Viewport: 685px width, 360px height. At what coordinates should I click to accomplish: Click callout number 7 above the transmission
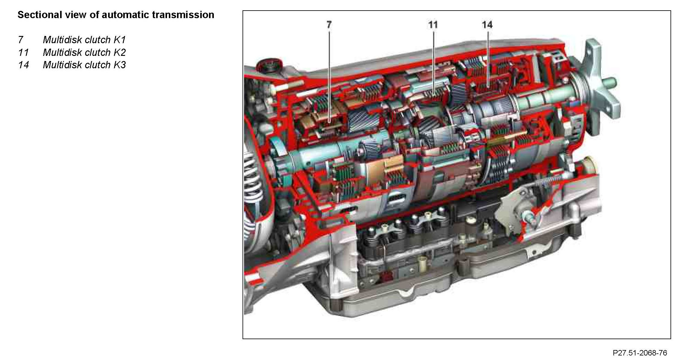click(329, 24)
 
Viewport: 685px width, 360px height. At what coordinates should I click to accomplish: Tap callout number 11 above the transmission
click(433, 24)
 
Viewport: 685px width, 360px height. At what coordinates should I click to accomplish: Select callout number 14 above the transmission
click(487, 24)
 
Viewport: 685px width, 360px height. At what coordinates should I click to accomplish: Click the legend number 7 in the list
click(21, 40)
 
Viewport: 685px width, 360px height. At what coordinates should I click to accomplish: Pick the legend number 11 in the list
click(23, 52)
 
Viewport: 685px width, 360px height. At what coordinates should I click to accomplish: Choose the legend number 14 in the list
click(24, 65)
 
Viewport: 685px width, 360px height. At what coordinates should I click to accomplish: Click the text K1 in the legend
click(120, 40)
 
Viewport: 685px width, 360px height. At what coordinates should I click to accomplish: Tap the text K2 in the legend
click(120, 52)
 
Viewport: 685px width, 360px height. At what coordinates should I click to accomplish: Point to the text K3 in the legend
click(120, 65)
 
